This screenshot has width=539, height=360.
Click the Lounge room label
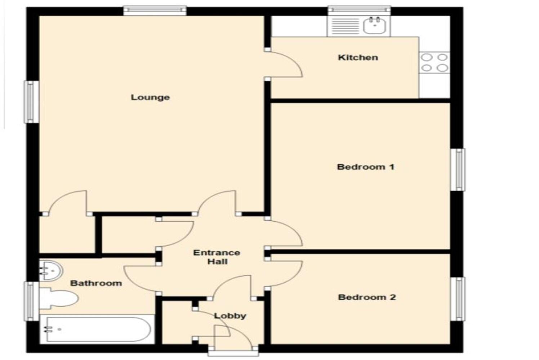150,97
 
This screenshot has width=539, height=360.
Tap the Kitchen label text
358,58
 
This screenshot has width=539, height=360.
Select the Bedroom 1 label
365,167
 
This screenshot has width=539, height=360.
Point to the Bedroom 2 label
367,297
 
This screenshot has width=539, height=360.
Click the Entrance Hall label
217,257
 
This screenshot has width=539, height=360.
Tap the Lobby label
230,316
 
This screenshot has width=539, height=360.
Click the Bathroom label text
96,283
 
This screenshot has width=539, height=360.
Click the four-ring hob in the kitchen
434,62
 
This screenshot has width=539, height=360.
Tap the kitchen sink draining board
345,26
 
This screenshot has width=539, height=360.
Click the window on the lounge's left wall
32,102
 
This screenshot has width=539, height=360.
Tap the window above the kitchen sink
359,10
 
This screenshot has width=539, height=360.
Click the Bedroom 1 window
458,170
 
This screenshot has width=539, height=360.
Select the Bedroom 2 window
458,299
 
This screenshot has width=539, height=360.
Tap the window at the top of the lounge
155,10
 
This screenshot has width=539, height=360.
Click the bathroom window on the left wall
32,301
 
